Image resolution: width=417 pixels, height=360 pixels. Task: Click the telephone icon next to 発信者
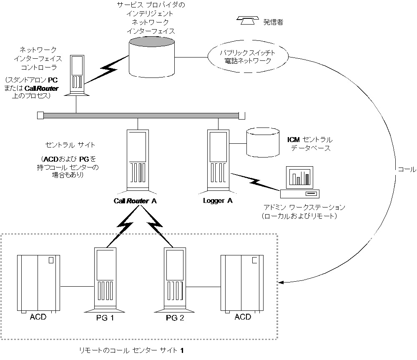[248, 20]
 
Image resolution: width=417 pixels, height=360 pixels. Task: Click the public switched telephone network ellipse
[248, 57]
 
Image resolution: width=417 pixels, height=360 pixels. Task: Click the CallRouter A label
[136, 201]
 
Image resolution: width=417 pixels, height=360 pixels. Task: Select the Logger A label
[218, 200]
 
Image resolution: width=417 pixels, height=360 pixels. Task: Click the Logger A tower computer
[218, 160]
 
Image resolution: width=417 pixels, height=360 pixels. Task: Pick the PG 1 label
[105, 319]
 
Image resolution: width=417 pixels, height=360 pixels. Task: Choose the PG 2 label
[175, 319]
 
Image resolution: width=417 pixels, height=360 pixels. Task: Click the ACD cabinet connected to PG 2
[241, 283]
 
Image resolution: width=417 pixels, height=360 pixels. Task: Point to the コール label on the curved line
[407, 170]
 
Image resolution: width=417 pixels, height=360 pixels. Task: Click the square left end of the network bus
[40, 115]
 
